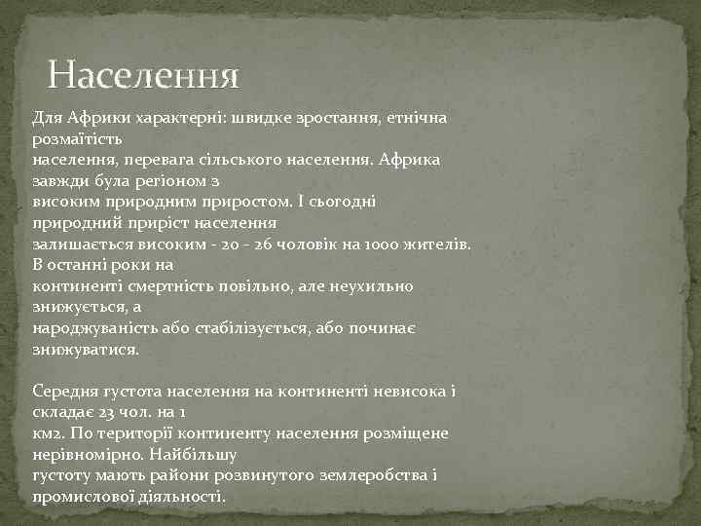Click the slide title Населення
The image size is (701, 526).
pos(143,75)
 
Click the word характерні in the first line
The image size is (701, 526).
pos(178,117)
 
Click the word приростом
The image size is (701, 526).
pos(229,201)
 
